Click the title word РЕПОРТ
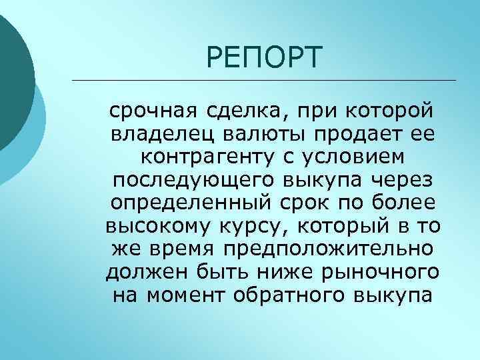click(264, 57)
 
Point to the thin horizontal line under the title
click(263, 81)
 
